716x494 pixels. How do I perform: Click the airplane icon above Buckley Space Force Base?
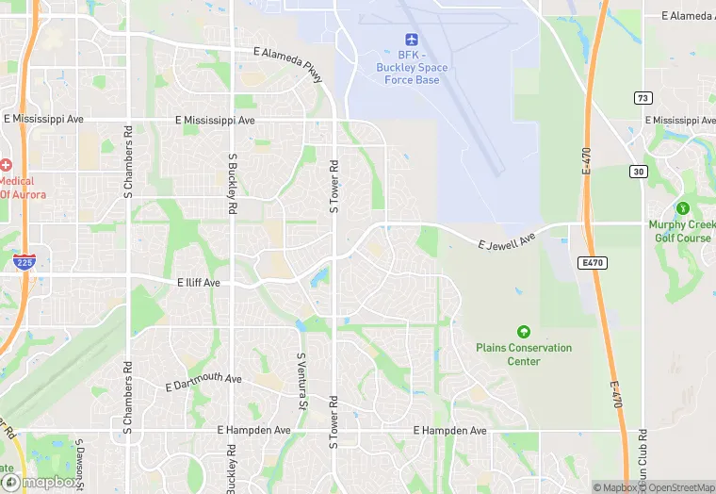[411, 39]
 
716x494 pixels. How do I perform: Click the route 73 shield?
[643, 98]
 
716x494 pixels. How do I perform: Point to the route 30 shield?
[639, 171]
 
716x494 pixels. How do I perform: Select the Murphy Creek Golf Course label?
[679, 231]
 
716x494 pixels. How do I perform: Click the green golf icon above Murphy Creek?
[682, 207]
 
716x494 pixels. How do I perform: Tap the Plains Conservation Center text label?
[524, 354]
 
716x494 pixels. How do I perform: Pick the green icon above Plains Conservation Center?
[523, 332]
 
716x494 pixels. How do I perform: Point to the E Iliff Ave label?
[198, 282]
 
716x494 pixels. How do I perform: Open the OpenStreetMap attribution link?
[677, 487]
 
